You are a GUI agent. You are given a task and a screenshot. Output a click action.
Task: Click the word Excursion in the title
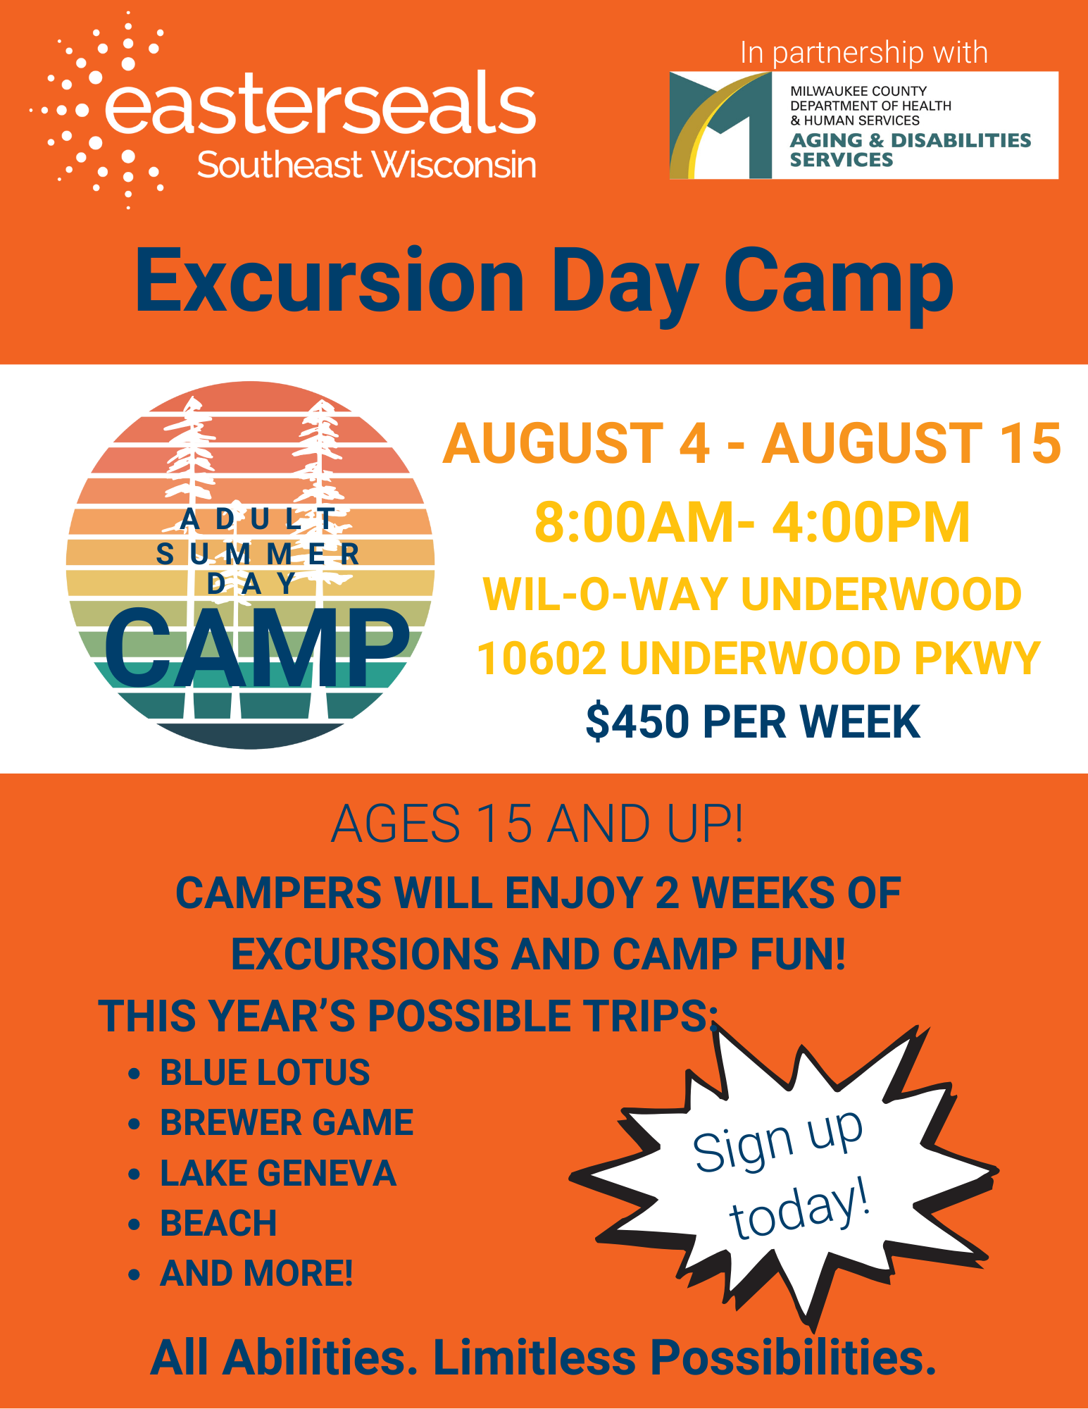(x=330, y=280)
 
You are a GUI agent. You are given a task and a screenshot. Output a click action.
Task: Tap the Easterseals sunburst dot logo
(x=99, y=111)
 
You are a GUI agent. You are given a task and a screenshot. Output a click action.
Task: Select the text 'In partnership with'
(x=864, y=53)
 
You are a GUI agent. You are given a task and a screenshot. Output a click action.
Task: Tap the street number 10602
(x=541, y=658)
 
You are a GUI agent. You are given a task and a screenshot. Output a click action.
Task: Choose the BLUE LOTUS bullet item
(x=265, y=1072)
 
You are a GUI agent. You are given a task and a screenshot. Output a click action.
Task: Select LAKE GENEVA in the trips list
(x=278, y=1173)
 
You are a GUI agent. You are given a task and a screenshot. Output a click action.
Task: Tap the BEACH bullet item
(x=218, y=1223)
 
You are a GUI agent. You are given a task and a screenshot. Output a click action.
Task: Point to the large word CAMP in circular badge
(x=257, y=648)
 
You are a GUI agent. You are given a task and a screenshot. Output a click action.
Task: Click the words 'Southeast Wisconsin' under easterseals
(x=366, y=165)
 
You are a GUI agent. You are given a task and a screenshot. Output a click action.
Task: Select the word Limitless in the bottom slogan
(x=534, y=1357)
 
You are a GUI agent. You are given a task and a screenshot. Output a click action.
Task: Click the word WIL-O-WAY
(x=605, y=594)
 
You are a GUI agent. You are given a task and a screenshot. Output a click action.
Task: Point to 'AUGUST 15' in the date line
(x=911, y=444)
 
